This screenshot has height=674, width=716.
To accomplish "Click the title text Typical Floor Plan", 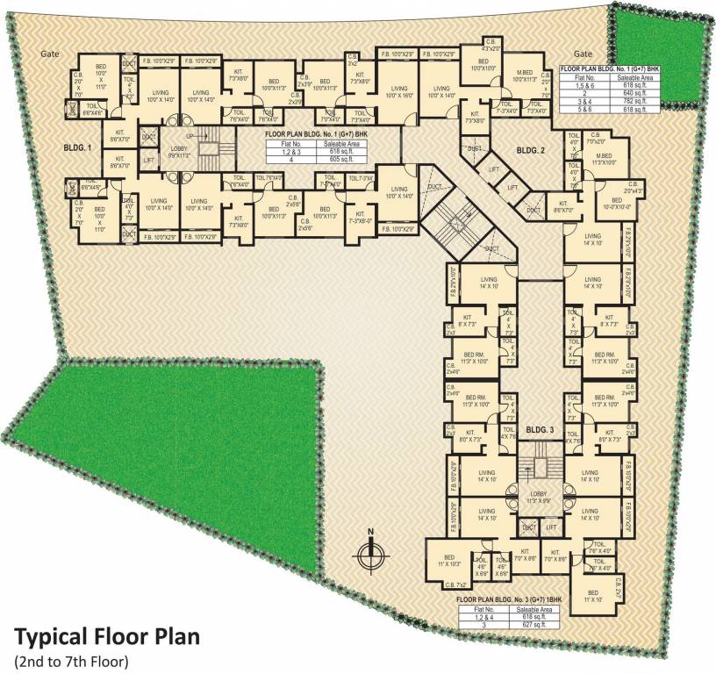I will coord(106,635).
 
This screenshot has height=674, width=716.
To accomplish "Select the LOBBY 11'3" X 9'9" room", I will coord(538,497).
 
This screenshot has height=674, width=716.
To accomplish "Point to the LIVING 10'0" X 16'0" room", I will coord(399,91).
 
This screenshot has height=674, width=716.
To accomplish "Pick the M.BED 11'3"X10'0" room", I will coord(600,159).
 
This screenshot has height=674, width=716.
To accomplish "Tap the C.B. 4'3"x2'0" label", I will coord(492,48).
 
